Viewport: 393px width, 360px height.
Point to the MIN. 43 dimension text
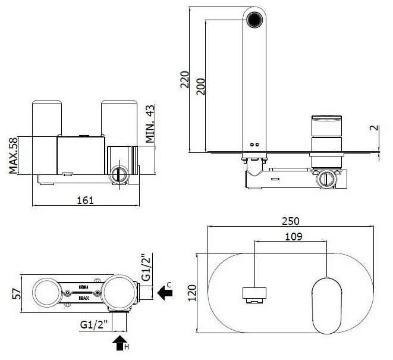(x=150, y=123)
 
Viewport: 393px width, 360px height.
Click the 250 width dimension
(x=291, y=221)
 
